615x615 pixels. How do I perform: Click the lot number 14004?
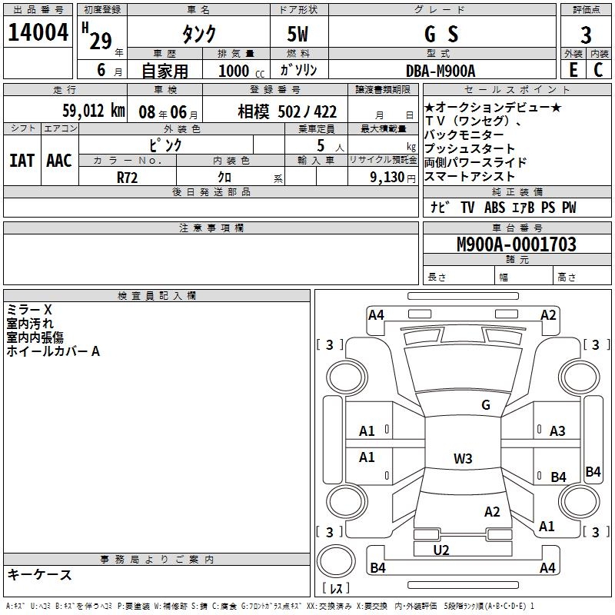(38, 34)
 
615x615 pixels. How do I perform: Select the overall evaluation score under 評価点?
(586, 35)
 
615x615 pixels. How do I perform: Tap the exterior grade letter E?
(573, 70)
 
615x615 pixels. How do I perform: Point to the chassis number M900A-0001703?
(517, 245)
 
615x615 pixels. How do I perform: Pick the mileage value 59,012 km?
(93, 111)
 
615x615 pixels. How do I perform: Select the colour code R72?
(127, 176)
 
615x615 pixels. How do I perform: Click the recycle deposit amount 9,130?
(387, 176)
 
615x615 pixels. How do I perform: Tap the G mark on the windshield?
(486, 405)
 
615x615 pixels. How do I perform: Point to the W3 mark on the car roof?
(463, 459)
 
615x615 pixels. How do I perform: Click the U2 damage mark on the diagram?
(441, 550)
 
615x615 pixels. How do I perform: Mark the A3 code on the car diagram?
(557, 431)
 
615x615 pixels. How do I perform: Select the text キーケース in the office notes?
(39, 575)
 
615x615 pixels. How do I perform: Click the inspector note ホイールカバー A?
(53, 351)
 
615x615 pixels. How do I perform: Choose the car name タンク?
(198, 34)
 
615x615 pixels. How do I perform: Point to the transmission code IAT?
(22, 161)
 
